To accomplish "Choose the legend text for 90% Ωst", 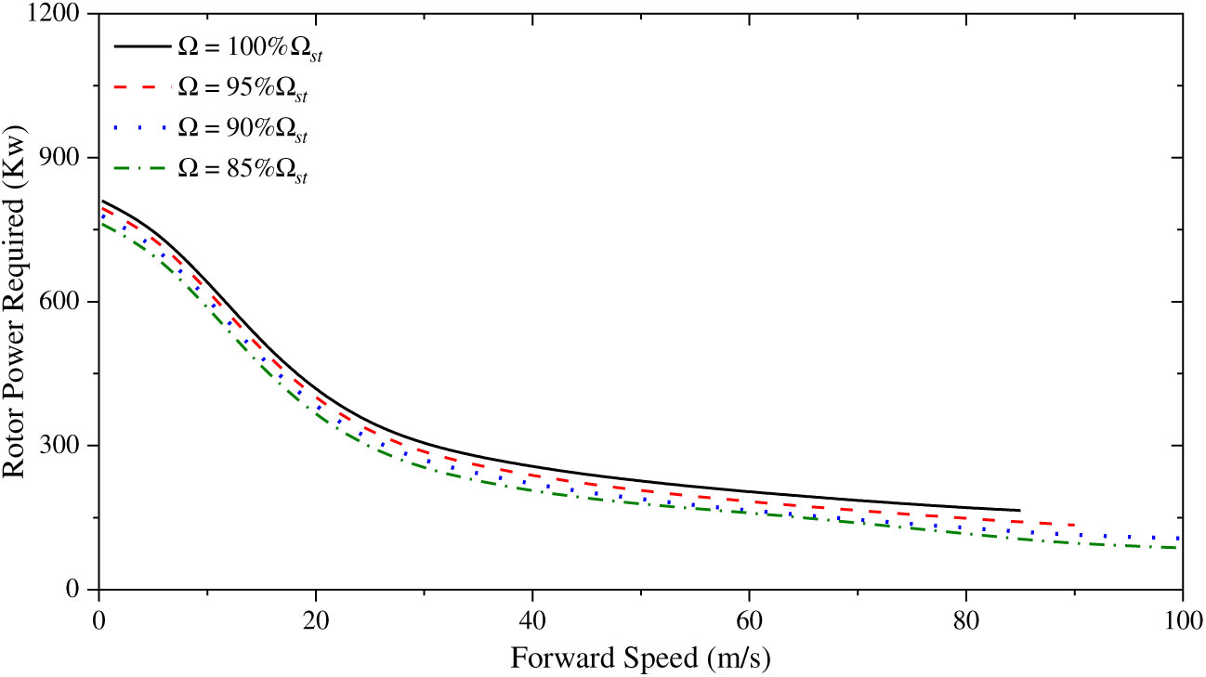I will (241, 132).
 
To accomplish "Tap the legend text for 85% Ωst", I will (241, 174).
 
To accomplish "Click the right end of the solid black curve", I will (1019, 510).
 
